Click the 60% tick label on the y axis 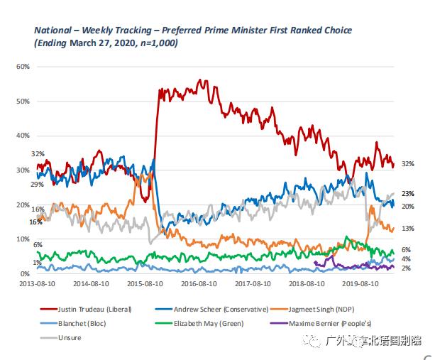(23, 67)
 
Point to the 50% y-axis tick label (23, 102)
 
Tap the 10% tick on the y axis (23, 240)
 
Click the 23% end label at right (408, 194)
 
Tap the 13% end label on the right (408, 229)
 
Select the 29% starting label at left (37, 185)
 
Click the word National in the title (54, 31)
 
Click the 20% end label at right (408, 206)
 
